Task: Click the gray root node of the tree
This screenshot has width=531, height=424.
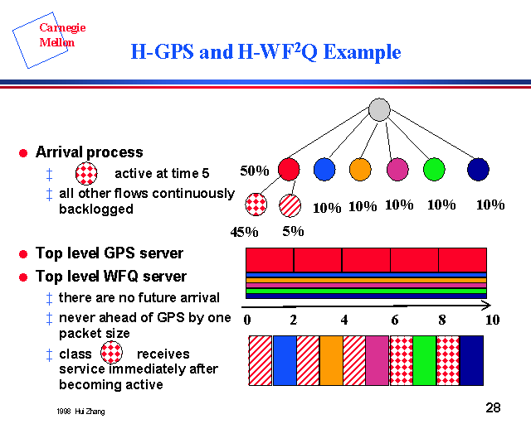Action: point(379,109)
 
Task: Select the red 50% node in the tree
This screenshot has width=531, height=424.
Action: point(289,169)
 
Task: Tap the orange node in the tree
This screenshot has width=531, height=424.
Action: point(359,169)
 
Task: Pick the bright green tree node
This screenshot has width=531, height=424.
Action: point(433,169)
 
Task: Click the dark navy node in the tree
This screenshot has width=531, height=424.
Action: point(478,169)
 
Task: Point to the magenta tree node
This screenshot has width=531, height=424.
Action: point(397,169)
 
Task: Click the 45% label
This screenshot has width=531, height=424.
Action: point(245,232)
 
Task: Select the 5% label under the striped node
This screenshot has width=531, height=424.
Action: point(292,232)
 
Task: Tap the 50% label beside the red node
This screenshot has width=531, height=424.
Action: point(255,171)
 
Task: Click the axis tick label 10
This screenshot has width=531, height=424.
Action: point(492,320)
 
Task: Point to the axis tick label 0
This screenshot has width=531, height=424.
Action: point(247,320)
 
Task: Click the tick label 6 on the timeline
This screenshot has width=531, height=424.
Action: point(394,320)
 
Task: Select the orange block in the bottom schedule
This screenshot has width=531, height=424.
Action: point(331,360)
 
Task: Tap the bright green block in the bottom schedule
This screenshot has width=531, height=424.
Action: point(424,360)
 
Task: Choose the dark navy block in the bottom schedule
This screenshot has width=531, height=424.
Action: point(471,360)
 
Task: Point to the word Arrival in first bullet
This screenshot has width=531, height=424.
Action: point(63,152)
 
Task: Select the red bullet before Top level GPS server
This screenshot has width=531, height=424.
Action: point(23,253)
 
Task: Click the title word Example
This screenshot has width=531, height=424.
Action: point(363,53)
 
